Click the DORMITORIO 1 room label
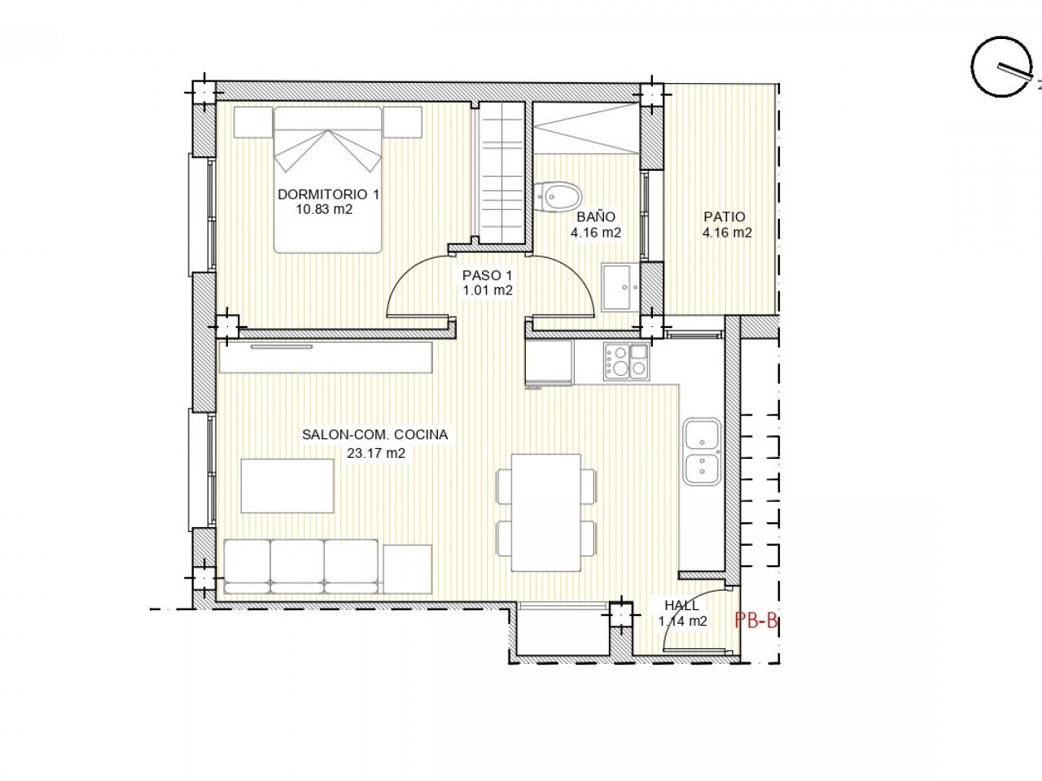(x=328, y=194)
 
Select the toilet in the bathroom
(x=558, y=196)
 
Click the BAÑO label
(x=596, y=217)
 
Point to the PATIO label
(x=724, y=217)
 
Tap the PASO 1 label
(x=487, y=276)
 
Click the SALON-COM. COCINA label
(x=374, y=435)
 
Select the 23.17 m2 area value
(x=376, y=454)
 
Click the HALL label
(x=681, y=605)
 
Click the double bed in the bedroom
(x=327, y=179)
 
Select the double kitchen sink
(x=701, y=452)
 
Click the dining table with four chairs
(x=545, y=513)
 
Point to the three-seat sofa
(x=301, y=565)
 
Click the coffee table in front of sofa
(x=287, y=486)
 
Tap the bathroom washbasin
(x=621, y=286)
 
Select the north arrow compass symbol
(x=1000, y=68)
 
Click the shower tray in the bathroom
(x=585, y=128)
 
